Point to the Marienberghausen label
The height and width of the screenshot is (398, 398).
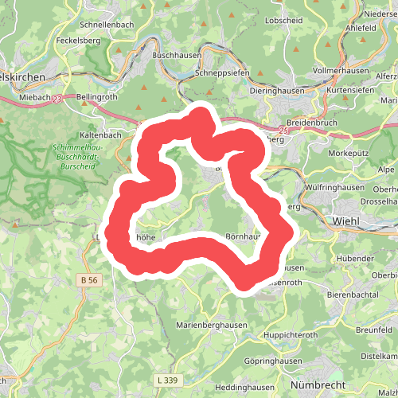(x=217, y=326)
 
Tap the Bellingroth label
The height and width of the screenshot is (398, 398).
(x=97, y=98)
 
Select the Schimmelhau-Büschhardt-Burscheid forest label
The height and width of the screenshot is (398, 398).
(x=78, y=158)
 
